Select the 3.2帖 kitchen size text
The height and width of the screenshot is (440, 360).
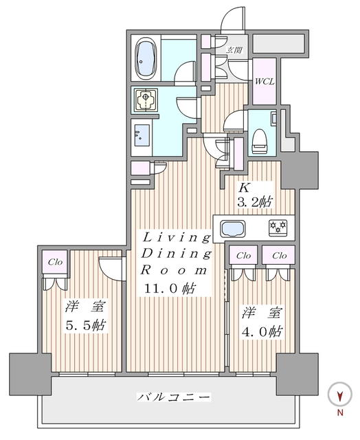(256, 203)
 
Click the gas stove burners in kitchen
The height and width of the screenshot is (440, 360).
(278, 227)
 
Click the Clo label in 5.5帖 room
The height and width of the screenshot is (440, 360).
(55, 261)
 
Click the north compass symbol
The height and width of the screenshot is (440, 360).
(339, 395)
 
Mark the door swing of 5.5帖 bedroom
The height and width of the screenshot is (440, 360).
(111, 265)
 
